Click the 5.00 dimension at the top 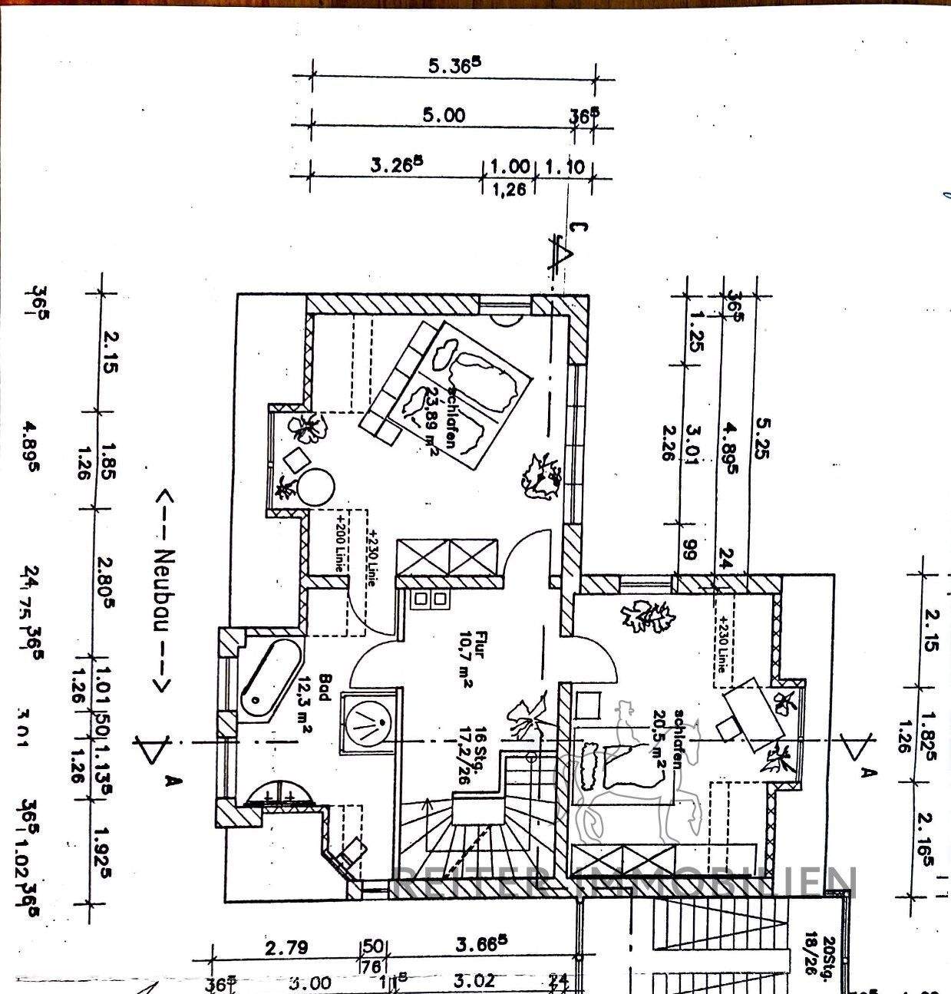444,115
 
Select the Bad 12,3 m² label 315,705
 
